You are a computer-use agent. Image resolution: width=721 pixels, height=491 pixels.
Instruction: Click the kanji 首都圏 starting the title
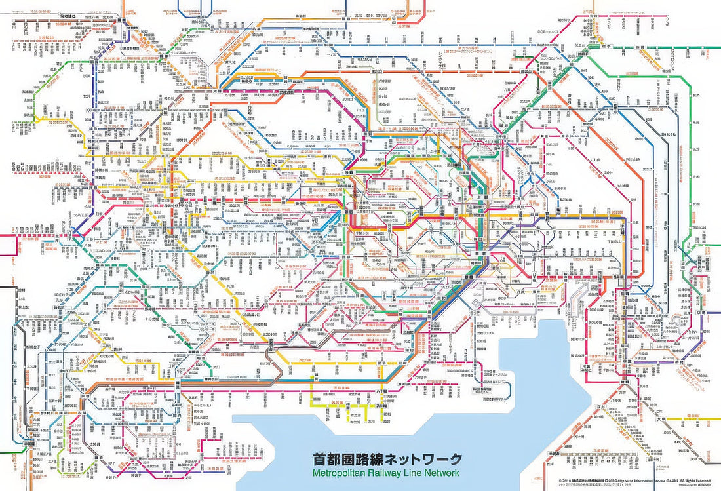click(330, 459)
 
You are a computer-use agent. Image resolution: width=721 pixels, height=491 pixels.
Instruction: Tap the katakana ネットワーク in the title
click(421, 459)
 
